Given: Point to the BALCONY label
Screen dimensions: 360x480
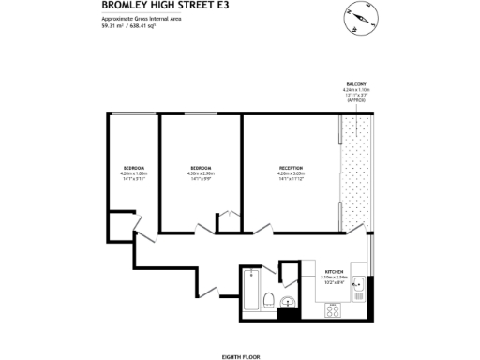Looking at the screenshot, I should pos(356,84).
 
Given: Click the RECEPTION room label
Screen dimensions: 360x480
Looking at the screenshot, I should pos(291,167).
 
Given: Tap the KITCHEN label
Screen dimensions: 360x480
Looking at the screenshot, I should pos(335,271).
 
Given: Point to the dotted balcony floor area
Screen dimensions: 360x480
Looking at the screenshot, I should pos(356,173).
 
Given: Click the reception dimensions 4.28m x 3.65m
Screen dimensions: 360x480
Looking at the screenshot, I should pos(291,173).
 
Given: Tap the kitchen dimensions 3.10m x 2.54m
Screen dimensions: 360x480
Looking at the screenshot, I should pos(335,277).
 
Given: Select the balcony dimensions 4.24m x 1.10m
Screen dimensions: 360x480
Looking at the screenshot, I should pos(356,90).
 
